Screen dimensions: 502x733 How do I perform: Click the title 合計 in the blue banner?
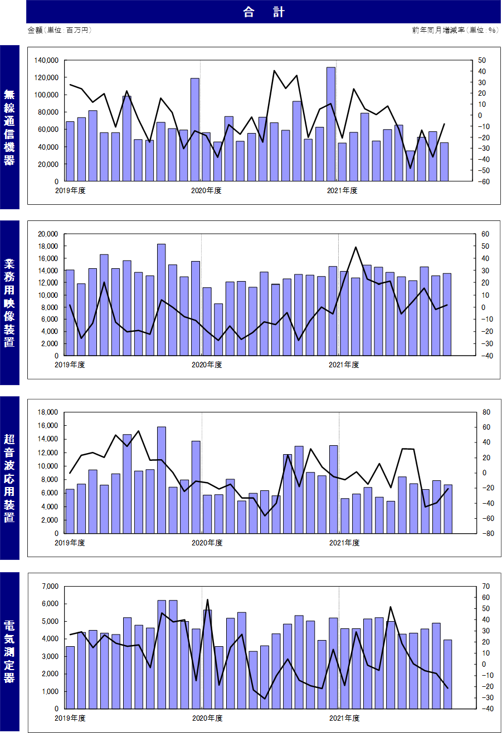click(x=264, y=12)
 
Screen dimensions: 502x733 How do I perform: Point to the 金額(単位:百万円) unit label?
click(x=59, y=30)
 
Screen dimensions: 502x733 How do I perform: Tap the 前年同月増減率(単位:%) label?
click(x=455, y=30)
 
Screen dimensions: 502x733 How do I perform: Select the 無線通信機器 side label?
click(x=9, y=127)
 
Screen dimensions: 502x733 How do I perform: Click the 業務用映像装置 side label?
click(x=9, y=303)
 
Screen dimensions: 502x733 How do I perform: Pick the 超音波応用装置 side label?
click(x=9, y=478)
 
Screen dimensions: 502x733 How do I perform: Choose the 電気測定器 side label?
click(x=9, y=651)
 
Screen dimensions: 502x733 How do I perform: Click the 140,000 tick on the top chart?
click(x=46, y=60)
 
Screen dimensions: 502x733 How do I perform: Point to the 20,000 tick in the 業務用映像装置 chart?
click(x=48, y=234)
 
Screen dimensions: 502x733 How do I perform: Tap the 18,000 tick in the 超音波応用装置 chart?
click(x=48, y=412)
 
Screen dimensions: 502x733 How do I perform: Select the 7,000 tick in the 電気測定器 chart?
click(x=50, y=586)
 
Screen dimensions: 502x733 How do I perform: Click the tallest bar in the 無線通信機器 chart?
click(x=330, y=124)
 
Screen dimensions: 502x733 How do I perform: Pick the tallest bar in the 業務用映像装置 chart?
click(x=161, y=300)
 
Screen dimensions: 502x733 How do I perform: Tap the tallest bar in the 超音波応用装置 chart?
click(x=162, y=480)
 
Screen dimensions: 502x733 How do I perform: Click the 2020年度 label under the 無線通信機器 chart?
click(x=206, y=190)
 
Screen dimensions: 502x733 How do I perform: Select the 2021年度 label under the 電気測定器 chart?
click(x=344, y=718)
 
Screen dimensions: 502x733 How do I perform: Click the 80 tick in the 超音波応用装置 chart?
click(x=486, y=412)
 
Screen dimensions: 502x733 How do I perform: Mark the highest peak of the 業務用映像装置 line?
click(x=355, y=247)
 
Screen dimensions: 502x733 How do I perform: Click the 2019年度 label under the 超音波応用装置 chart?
click(x=70, y=543)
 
